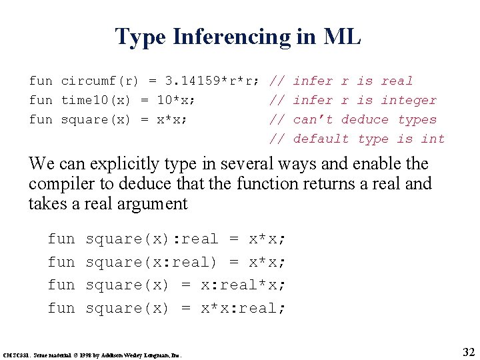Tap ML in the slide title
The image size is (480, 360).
pyautogui.click(x=341, y=37)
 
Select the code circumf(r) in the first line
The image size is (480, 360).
pyautogui.click(x=100, y=81)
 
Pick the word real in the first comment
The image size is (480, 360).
pyautogui.click(x=397, y=81)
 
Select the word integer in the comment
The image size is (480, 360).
pyautogui.click(x=409, y=100)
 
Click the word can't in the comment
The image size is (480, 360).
pyautogui.click(x=313, y=119)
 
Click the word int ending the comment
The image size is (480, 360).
pyautogui.click(x=433, y=139)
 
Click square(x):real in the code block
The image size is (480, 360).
pyautogui.click(x=152, y=239)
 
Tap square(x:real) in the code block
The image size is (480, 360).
pyautogui.click(x=152, y=262)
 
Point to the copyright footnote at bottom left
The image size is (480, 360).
pyautogui.click(x=93, y=353)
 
